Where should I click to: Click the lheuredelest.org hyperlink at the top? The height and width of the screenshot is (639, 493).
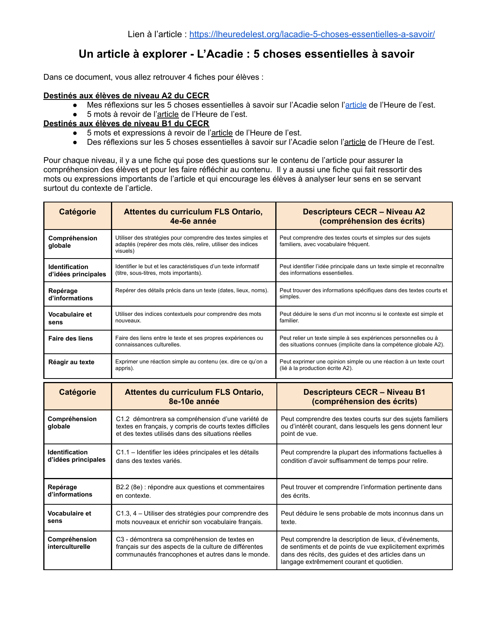(312, 34)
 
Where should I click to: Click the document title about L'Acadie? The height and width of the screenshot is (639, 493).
(246, 54)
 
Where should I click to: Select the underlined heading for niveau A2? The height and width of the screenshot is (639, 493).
(126, 96)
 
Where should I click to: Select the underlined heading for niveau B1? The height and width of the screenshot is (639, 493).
(126, 123)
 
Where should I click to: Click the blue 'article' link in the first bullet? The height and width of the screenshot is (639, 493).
(356, 105)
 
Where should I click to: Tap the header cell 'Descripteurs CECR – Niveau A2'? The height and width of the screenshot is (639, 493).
(364, 216)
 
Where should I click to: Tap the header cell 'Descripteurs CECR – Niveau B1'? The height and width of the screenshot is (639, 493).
(364, 397)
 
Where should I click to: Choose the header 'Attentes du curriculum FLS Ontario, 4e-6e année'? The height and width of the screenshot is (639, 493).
(193, 216)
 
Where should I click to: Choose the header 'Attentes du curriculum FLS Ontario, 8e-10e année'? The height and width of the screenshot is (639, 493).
(194, 397)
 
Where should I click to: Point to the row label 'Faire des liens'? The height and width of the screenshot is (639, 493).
(70, 339)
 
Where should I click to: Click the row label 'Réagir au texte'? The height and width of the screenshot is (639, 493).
(71, 362)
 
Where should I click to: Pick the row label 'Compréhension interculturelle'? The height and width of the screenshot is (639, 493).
(72, 543)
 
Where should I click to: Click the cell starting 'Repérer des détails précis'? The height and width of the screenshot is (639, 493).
(192, 291)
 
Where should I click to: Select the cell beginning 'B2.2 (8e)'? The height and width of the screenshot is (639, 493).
(190, 491)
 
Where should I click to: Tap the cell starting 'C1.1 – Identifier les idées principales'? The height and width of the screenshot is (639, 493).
(188, 456)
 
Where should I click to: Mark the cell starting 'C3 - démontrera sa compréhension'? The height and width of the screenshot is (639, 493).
(193, 547)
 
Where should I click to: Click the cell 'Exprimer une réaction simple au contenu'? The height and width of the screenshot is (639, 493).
(191, 365)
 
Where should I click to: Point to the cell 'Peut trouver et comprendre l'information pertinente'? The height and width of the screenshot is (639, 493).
(361, 491)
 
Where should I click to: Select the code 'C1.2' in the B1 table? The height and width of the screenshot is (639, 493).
(123, 419)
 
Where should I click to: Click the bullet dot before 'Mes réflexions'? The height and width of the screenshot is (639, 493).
(75, 105)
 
